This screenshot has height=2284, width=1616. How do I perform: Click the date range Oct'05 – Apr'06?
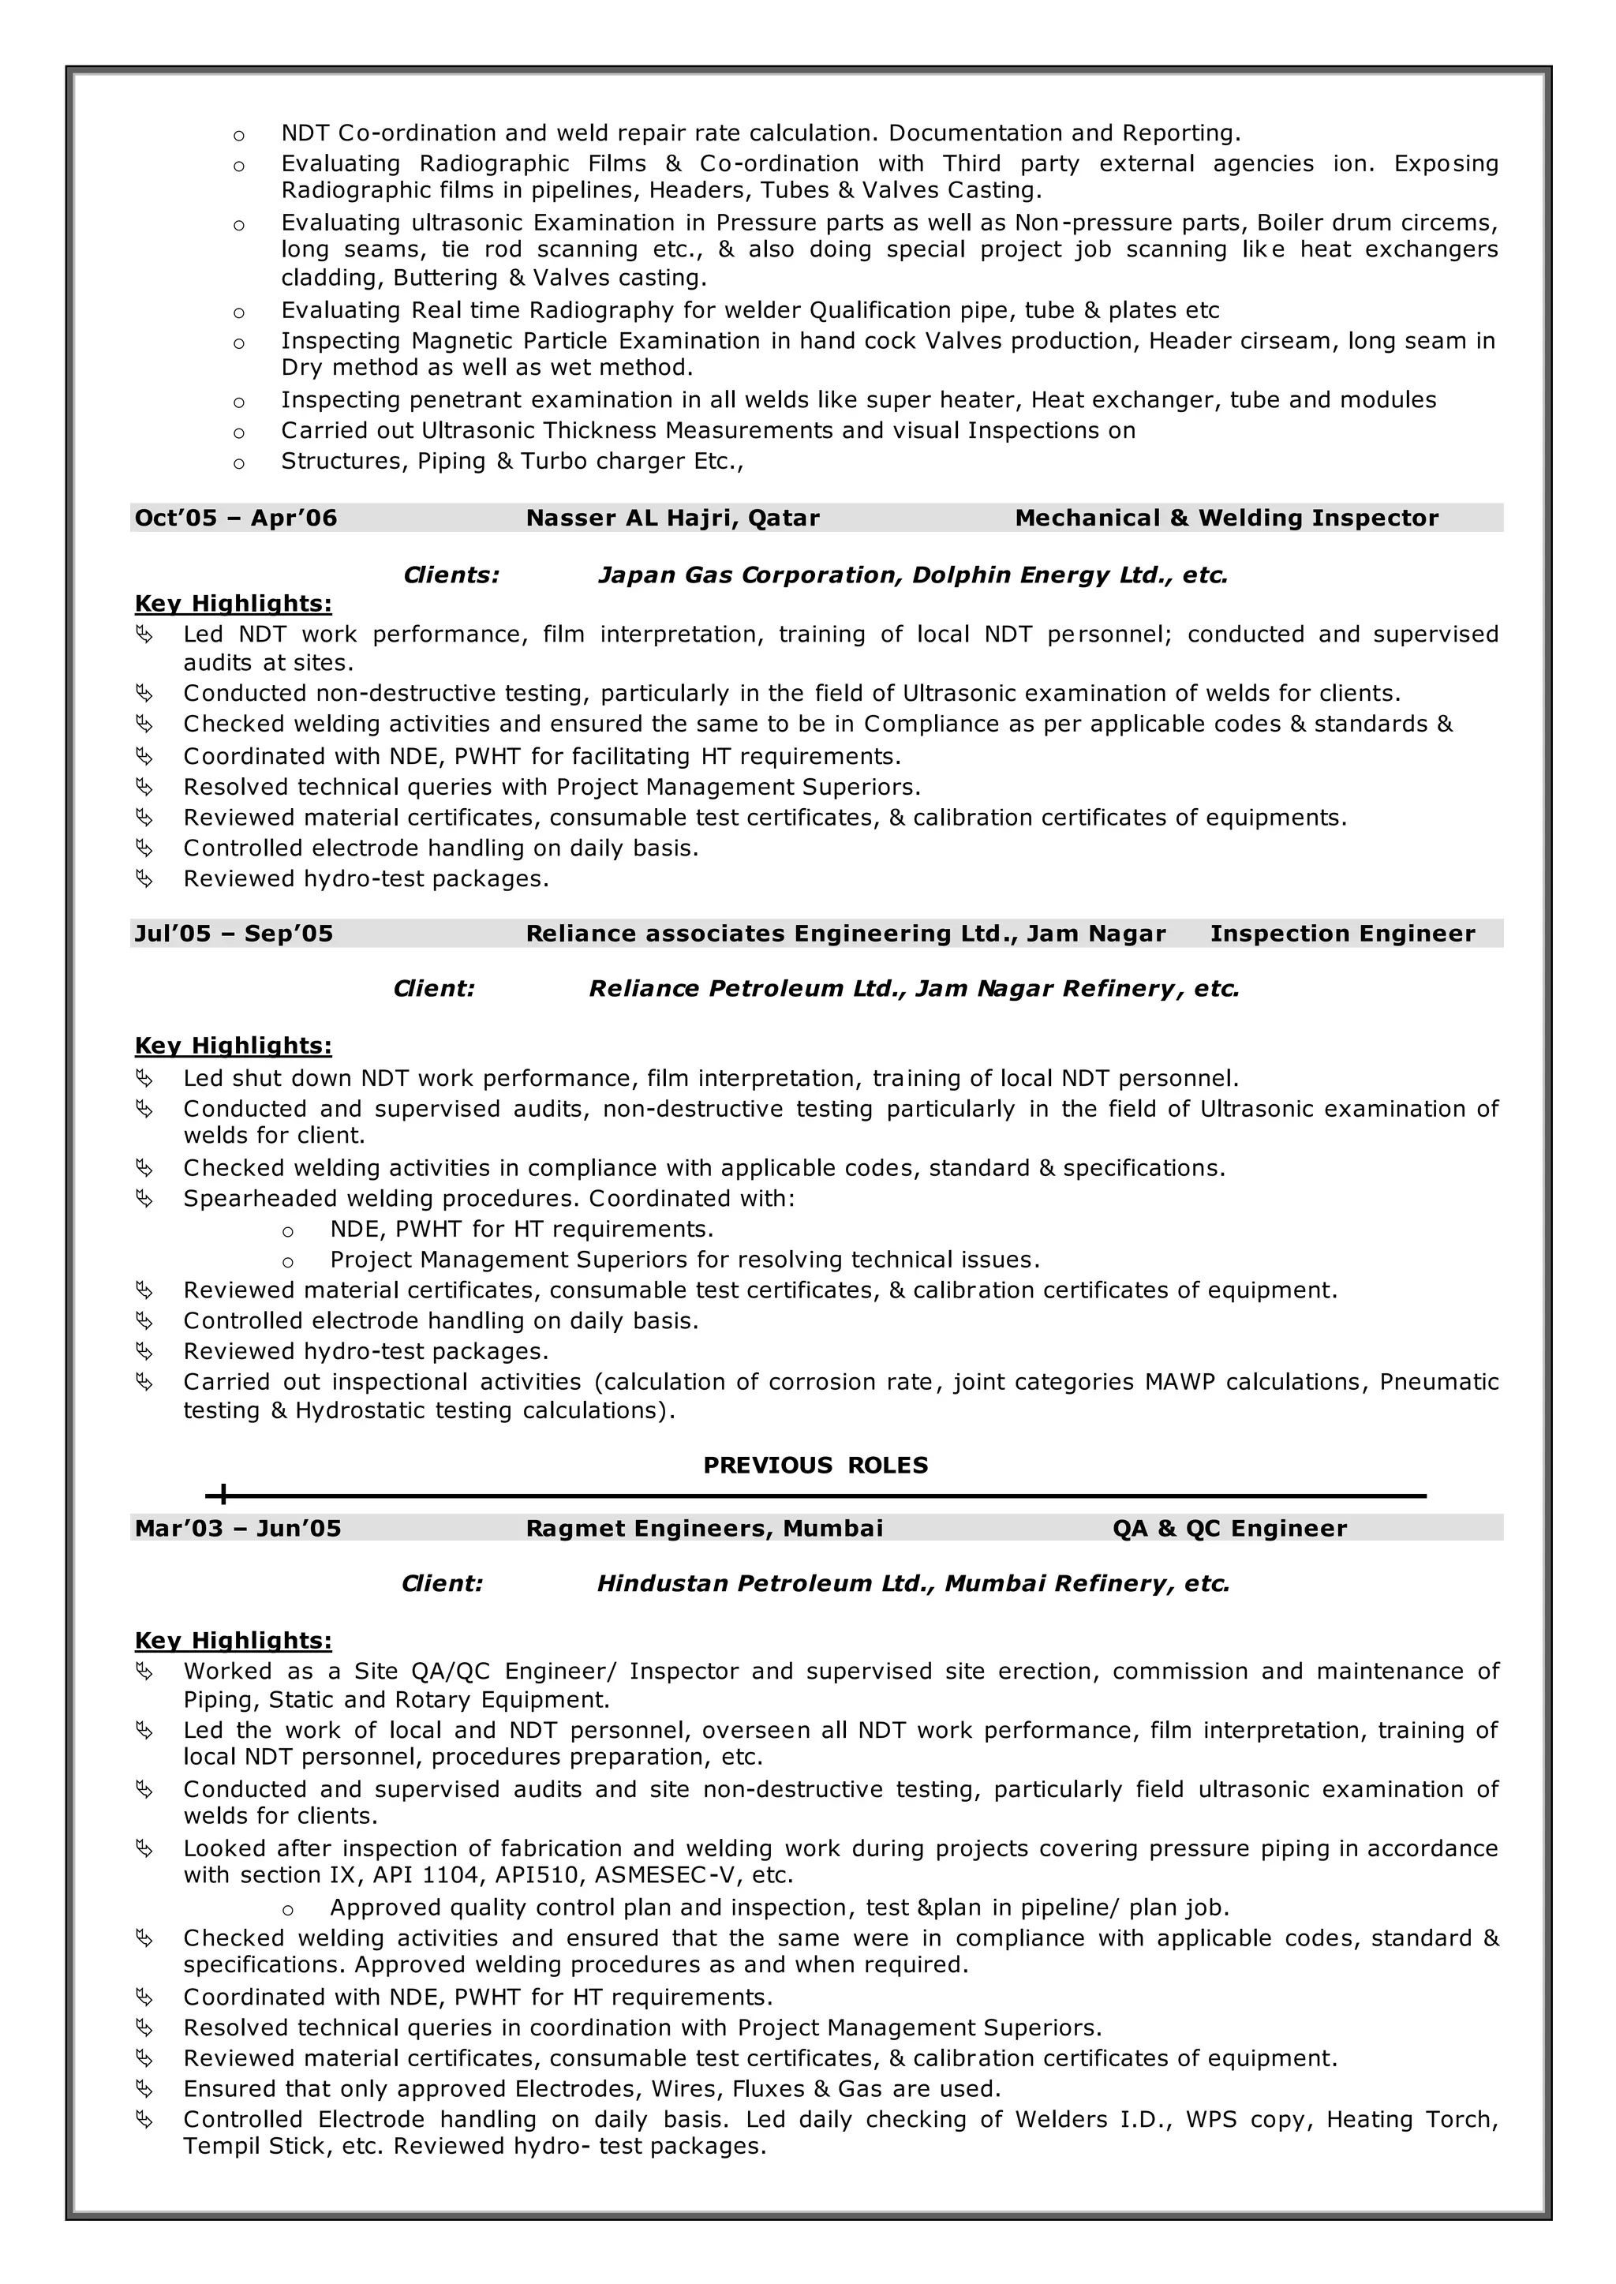[236, 518]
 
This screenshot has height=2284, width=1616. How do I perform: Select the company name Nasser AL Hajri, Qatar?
[672, 518]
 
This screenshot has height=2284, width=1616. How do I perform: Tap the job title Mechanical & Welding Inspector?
[1226, 518]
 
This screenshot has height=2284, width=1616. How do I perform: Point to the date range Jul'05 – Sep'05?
[234, 934]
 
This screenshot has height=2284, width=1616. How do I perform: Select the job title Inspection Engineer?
[1342, 934]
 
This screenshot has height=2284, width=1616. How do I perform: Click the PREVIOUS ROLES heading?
[815, 1465]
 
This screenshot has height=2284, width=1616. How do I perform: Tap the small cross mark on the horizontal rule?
[223, 1495]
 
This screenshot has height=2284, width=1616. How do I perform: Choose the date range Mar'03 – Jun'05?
[238, 1529]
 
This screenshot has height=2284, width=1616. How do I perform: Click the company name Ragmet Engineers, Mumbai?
[705, 1529]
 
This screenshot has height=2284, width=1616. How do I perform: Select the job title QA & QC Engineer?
[1229, 1529]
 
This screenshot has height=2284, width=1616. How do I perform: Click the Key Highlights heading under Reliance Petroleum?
[233, 1046]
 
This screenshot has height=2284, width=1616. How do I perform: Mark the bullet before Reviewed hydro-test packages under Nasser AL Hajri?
[144, 878]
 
